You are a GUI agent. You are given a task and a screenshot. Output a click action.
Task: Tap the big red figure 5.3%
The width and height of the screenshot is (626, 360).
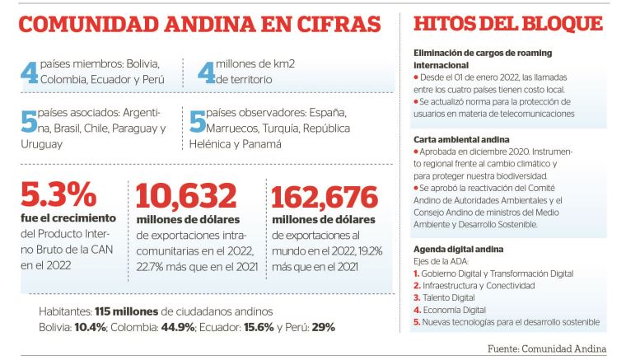tap(58, 196)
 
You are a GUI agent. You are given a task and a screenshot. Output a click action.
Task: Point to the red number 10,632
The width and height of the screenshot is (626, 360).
tap(186, 196)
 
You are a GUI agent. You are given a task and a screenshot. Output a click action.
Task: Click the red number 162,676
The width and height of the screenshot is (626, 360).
tap(325, 196)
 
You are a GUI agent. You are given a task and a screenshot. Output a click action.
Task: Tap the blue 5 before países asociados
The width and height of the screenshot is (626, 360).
tap(29, 121)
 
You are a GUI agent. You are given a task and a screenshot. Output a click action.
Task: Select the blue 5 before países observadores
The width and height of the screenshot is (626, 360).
tap(197, 121)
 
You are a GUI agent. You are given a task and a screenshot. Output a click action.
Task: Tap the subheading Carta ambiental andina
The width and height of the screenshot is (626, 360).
tap(461, 140)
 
